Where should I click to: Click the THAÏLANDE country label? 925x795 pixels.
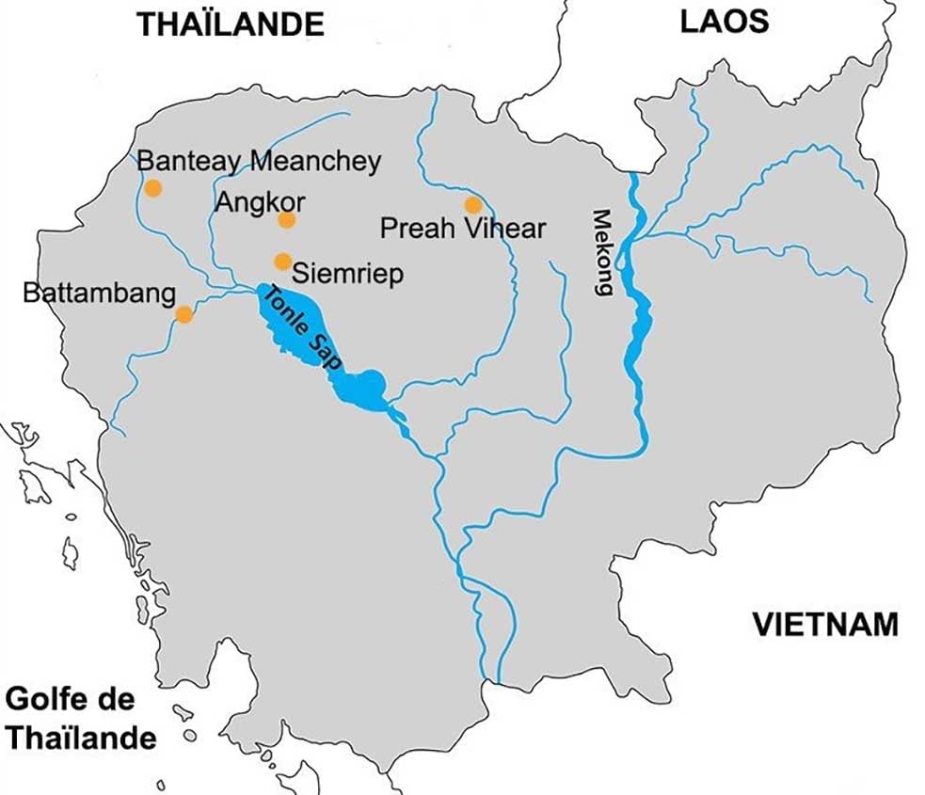[231, 24]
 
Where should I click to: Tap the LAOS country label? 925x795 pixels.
[725, 22]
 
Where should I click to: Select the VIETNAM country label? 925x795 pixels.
[824, 624]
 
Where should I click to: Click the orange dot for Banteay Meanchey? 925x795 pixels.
[152, 189]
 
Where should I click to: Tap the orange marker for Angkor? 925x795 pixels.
[287, 220]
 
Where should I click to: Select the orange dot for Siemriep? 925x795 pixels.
[281, 262]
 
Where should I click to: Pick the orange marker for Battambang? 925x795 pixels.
[184, 314]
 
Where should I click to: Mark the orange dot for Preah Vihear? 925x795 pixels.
[472, 205]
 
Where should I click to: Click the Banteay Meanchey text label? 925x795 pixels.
[259, 161]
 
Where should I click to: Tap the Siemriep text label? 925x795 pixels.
[348, 274]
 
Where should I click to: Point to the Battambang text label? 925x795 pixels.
[99, 294]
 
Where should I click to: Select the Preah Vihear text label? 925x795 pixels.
[461, 228]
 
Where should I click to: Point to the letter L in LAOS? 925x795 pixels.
[689, 22]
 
